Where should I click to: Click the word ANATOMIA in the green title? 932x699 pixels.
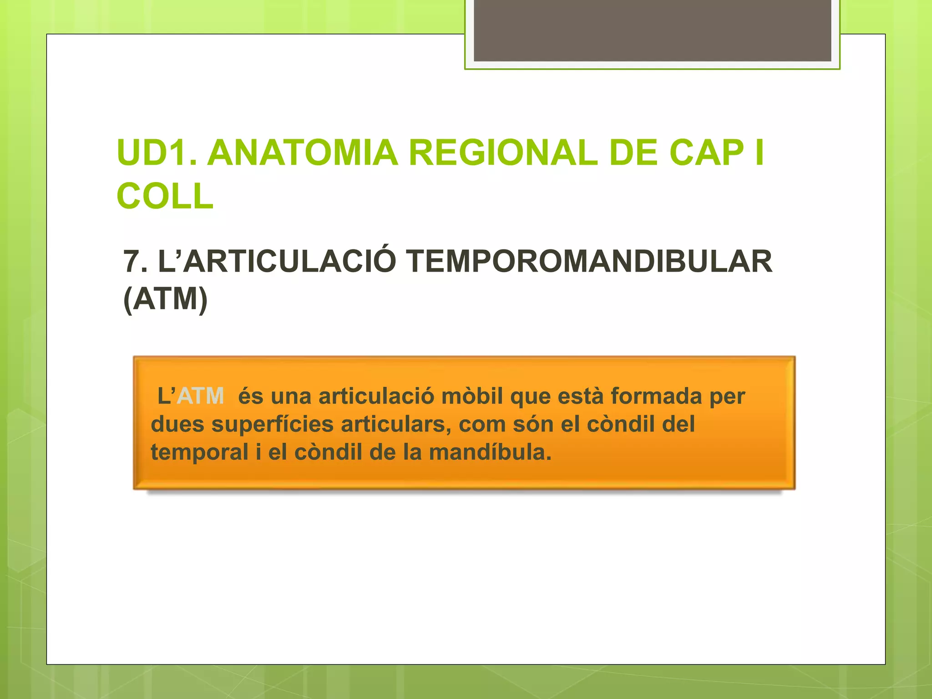click(303, 153)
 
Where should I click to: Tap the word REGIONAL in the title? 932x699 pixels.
click(503, 153)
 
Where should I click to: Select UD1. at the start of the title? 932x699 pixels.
click(157, 153)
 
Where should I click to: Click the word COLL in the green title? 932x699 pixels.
click(165, 196)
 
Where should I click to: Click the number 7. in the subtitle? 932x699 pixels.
click(136, 262)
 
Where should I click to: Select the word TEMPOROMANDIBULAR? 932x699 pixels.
click(590, 262)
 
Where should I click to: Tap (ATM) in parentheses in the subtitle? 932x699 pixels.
click(166, 299)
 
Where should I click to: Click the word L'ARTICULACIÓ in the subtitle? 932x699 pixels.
click(277, 262)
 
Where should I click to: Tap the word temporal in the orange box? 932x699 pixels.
click(199, 452)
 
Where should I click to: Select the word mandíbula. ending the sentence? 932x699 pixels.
click(490, 452)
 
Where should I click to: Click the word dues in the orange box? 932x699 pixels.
click(177, 424)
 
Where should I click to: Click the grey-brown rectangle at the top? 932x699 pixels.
click(652, 30)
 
